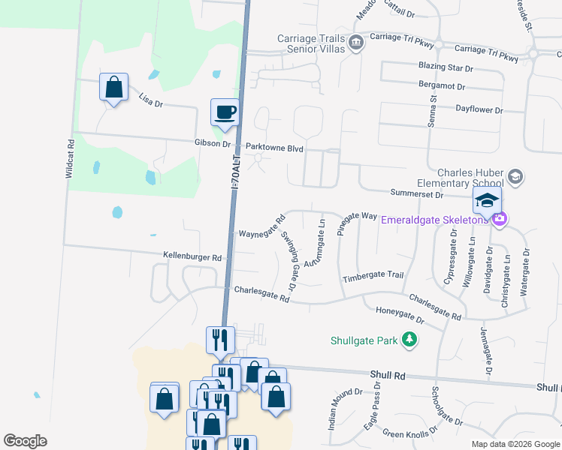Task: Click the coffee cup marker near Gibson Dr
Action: tap(225, 112)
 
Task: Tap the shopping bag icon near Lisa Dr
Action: tap(113, 87)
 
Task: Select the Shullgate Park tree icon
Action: tap(409, 340)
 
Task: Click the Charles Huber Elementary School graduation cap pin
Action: tap(515, 176)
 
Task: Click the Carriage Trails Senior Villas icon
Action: tap(356, 42)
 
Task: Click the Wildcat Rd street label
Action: tap(69, 158)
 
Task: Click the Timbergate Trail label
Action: tap(373, 276)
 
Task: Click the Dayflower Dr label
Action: tap(479, 109)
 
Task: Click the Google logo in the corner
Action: tap(25, 440)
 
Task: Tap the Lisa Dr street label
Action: tap(151, 99)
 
